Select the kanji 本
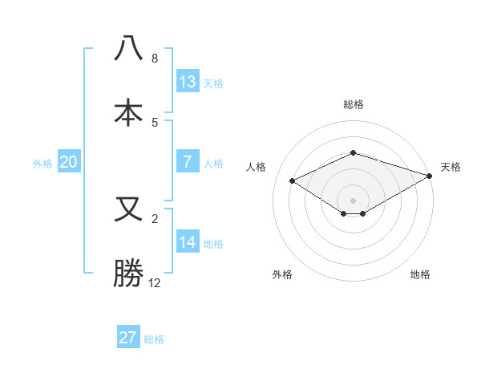(x=128, y=111)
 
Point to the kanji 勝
(x=128, y=273)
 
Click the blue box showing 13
(x=187, y=81)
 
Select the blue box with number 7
(x=187, y=162)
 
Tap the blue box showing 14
(x=187, y=242)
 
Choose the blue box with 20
(x=68, y=162)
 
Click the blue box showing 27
(x=128, y=337)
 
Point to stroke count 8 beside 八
(x=155, y=59)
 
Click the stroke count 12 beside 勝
(x=155, y=283)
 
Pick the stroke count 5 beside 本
(x=155, y=122)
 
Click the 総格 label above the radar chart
(x=353, y=104)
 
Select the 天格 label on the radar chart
(x=451, y=167)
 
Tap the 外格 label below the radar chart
(x=282, y=274)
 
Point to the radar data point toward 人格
(x=293, y=180)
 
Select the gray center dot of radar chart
(x=353, y=200)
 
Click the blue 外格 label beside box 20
(x=42, y=163)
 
